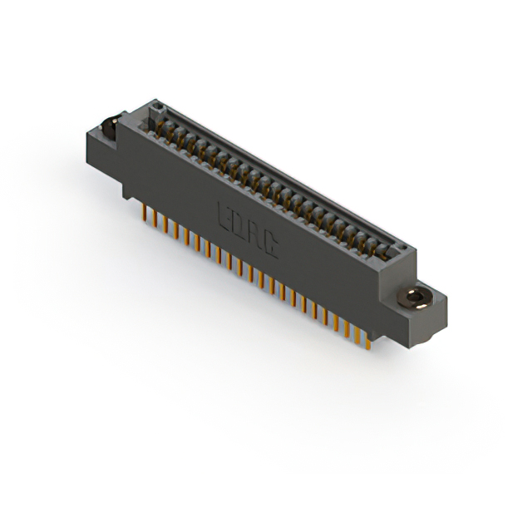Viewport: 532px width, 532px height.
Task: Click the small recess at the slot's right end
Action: coord(403,247)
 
